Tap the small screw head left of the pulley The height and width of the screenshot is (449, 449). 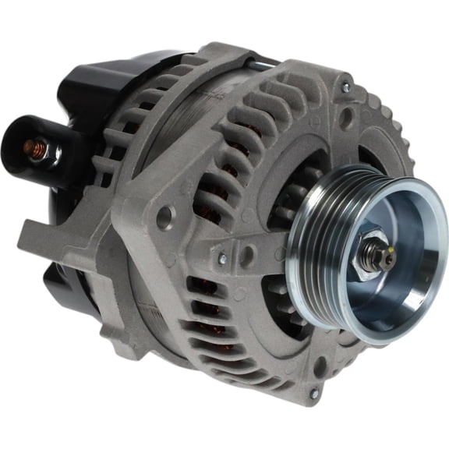(224, 257)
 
